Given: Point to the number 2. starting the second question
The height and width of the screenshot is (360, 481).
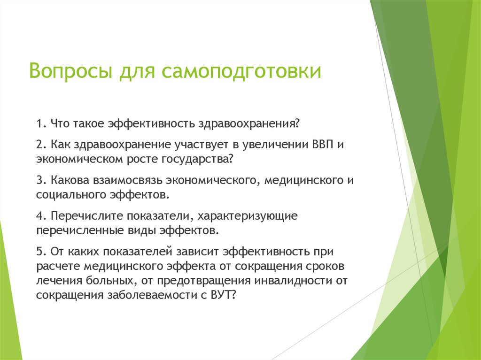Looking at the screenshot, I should click(x=40, y=144).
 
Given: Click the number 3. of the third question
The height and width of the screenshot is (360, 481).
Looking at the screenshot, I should click(x=40, y=180).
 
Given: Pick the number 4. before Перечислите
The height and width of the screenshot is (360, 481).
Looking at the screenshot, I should click(x=41, y=216).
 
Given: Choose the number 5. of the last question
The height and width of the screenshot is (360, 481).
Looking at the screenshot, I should click(x=41, y=252).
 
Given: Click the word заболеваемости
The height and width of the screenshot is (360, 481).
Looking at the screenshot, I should click(x=160, y=295).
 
